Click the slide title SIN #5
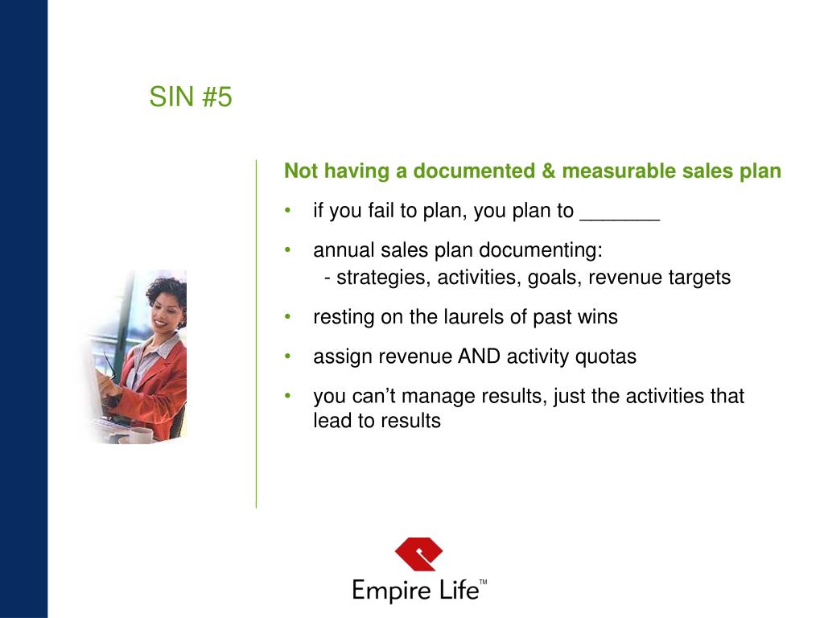click(191, 97)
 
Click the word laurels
click(474, 317)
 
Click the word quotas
click(605, 356)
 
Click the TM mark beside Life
click(483, 581)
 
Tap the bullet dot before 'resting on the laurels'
click(288, 317)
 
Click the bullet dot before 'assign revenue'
click(288, 356)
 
